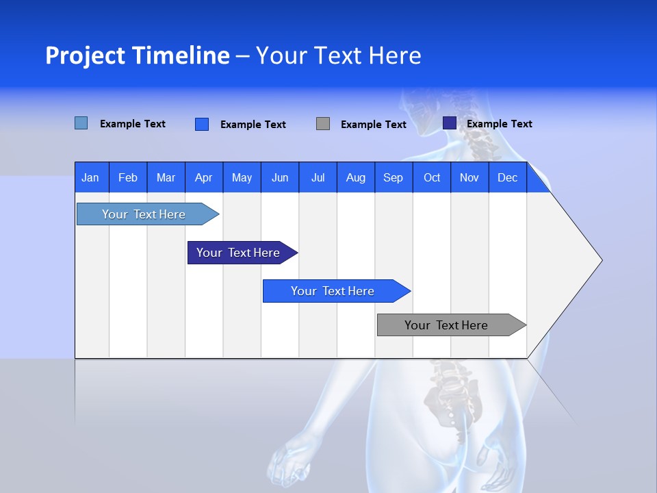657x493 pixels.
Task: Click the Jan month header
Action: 90,177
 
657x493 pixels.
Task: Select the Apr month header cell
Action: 204,177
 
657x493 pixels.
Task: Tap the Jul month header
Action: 318,177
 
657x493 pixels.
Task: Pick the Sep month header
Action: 393,177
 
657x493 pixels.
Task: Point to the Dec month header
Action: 507,177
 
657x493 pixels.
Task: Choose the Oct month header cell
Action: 432,177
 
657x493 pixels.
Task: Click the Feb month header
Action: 128,177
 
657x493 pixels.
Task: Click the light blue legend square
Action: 81,123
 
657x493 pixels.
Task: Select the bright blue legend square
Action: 202,124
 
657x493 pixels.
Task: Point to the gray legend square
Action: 323,124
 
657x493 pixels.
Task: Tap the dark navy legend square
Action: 450,123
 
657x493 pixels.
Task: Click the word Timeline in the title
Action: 181,55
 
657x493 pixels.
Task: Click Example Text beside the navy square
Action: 499,124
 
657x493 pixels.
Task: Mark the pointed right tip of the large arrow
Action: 601,260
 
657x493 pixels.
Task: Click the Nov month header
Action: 469,177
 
